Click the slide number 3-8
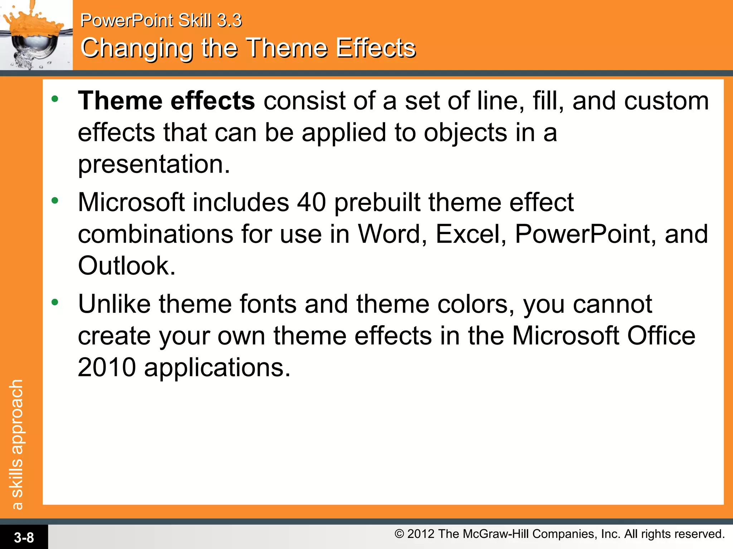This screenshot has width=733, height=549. coord(24,537)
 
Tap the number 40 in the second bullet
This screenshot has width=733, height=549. coord(311,203)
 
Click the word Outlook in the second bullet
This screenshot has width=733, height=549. coord(126,266)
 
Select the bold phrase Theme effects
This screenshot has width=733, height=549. coord(166,101)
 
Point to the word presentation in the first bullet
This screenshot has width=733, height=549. coord(154,164)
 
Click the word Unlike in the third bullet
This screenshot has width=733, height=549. coord(114,304)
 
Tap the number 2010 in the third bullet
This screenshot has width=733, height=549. coord(107,367)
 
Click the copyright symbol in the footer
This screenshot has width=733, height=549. coord(399,534)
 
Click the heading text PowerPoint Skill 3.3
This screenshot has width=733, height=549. coord(161,20)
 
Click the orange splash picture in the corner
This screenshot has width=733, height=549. coord(36,35)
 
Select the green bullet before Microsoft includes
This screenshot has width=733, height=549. coord(55,201)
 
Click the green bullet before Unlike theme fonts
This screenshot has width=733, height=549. coord(55,302)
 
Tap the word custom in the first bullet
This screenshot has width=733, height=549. coord(666,101)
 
